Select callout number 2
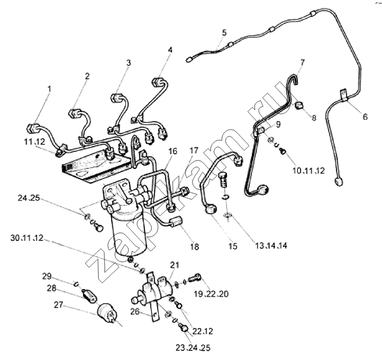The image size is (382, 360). tap(87, 76)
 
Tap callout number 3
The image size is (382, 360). tap(128, 63)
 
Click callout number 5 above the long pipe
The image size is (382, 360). tap(224, 32)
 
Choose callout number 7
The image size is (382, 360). tap(302, 62)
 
